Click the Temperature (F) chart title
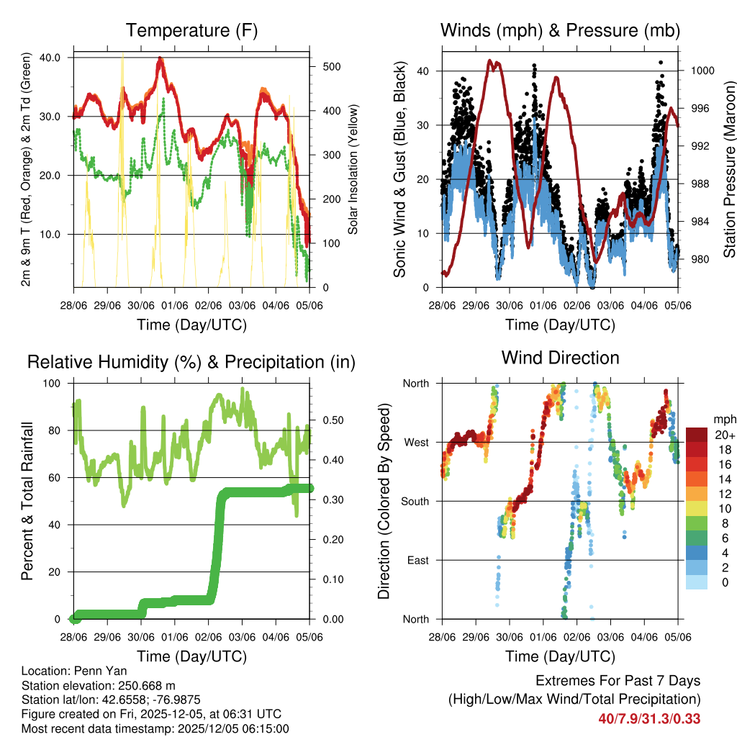click(191, 30)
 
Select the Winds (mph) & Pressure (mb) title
click(560, 30)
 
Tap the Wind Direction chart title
click(560, 358)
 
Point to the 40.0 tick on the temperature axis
click(58, 57)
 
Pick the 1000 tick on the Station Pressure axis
click(702, 71)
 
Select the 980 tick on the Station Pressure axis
click(699, 259)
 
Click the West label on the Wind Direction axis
click(416, 442)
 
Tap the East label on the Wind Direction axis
click(417, 560)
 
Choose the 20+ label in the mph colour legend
click(724, 435)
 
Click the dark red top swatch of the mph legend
click(696, 434)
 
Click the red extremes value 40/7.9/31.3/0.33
click(649, 718)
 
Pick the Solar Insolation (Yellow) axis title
click(353, 170)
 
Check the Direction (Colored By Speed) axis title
click(384, 501)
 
